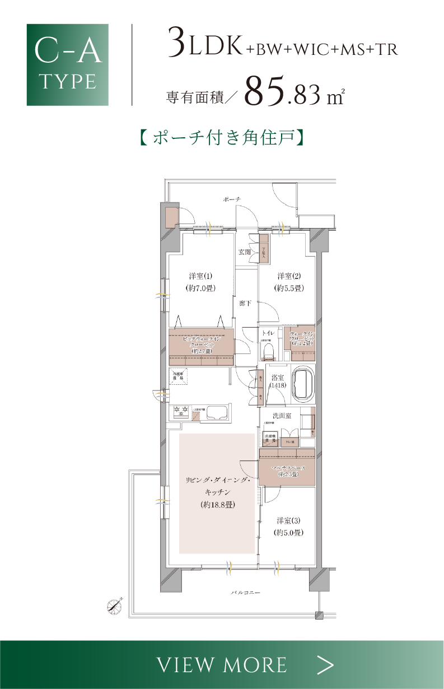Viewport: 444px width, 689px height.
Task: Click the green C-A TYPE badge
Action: click(x=67, y=64)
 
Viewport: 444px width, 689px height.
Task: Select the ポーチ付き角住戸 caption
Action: click(x=222, y=137)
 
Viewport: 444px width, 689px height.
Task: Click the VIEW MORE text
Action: click(x=222, y=665)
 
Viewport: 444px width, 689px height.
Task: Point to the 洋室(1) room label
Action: click(x=200, y=276)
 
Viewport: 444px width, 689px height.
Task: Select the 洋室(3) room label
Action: click(x=288, y=520)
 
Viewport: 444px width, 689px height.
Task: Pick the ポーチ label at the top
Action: click(x=231, y=199)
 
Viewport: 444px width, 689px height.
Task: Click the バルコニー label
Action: click(x=246, y=592)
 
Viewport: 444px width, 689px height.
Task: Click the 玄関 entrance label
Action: click(x=245, y=252)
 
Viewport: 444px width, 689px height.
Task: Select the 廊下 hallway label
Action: click(x=245, y=303)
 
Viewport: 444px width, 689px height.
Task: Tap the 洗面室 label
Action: click(x=282, y=416)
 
